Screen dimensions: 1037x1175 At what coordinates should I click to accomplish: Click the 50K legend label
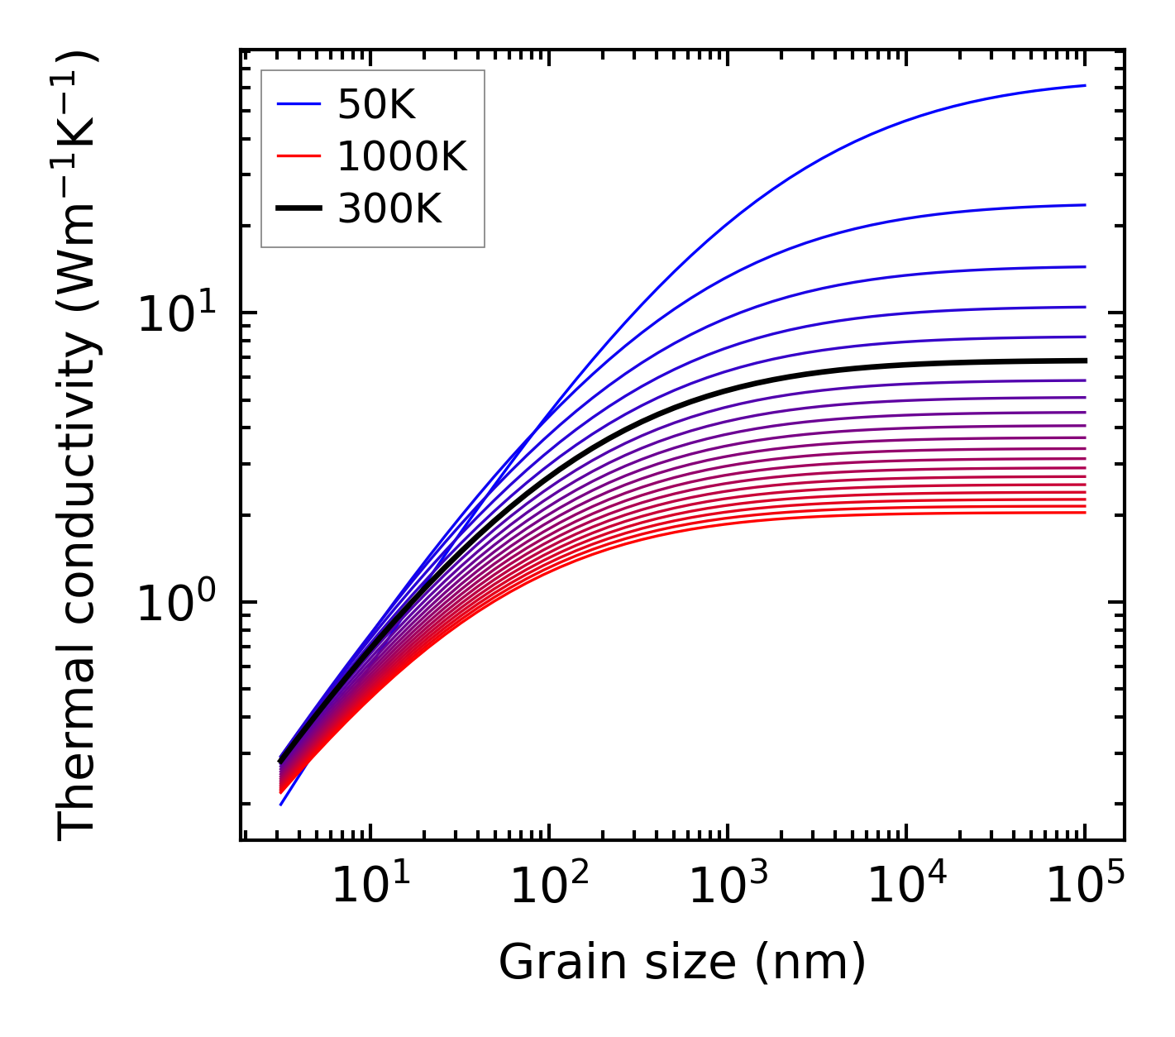(x=376, y=104)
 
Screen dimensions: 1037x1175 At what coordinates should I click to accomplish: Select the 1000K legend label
(x=403, y=157)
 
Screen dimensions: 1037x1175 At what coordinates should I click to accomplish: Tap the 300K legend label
(x=390, y=210)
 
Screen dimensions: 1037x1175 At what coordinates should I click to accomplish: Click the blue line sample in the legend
(x=299, y=104)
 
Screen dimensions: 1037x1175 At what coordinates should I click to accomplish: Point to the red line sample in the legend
(x=299, y=156)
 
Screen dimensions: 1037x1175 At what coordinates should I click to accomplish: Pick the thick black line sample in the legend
(x=299, y=209)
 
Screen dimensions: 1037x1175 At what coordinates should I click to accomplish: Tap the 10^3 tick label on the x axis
(x=728, y=886)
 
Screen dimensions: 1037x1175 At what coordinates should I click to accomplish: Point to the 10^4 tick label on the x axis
(x=906, y=886)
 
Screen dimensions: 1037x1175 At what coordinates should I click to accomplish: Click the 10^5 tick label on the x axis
(x=1086, y=886)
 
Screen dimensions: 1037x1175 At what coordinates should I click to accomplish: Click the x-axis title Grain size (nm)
(x=682, y=963)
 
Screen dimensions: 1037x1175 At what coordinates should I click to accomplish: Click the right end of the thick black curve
(x=1084, y=361)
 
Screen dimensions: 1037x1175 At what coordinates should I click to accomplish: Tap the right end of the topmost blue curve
(x=1084, y=85)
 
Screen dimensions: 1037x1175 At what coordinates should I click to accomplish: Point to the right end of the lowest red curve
(x=1084, y=513)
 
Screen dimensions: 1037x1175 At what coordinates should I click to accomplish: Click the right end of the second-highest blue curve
(x=1084, y=205)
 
